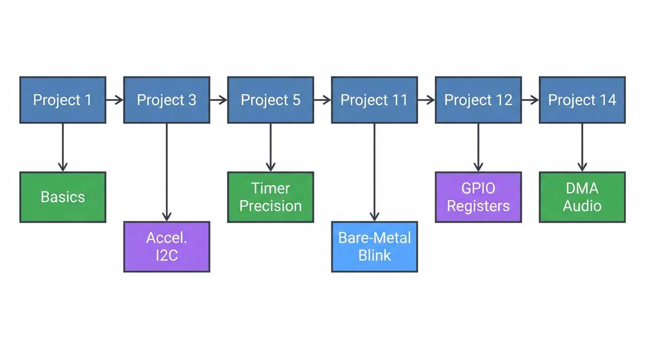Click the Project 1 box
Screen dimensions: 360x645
tap(63, 100)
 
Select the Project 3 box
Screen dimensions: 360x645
tap(167, 100)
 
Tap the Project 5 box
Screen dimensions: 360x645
tap(270, 100)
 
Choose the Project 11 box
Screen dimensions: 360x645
tap(374, 100)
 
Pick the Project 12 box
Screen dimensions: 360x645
tap(478, 100)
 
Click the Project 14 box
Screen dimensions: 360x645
tap(582, 100)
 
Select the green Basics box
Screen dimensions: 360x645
tap(63, 197)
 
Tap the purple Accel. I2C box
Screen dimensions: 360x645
tap(167, 247)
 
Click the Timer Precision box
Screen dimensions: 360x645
tap(270, 197)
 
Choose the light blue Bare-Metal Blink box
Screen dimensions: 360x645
tap(374, 247)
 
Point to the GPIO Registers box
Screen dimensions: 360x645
tap(478, 197)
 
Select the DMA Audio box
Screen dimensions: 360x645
tap(582, 197)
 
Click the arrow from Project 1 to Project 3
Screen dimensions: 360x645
tap(114, 100)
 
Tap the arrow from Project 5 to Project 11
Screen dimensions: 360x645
tap(322, 100)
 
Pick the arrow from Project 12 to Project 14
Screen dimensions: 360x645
tap(530, 100)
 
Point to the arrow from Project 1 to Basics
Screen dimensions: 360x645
tap(63, 147)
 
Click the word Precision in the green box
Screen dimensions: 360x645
tap(270, 206)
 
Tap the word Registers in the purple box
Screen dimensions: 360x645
tap(478, 206)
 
